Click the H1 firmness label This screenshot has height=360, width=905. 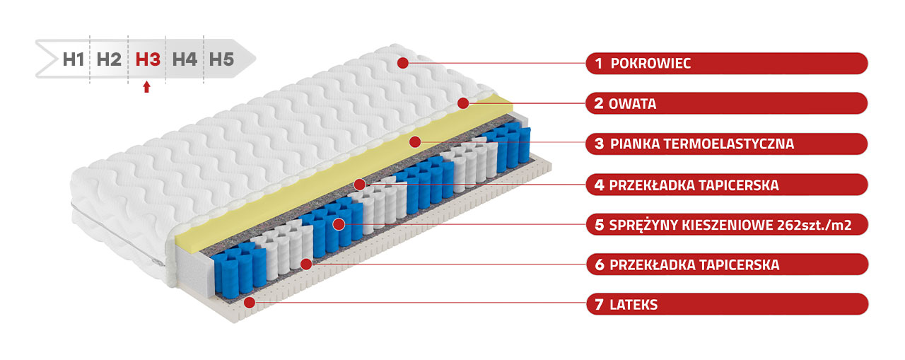(x=74, y=60)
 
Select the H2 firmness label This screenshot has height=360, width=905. (x=109, y=60)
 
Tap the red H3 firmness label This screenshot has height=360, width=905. (x=148, y=60)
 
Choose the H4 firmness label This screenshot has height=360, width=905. (x=185, y=60)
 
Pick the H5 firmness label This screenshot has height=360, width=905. (x=221, y=60)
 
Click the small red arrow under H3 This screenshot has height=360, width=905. (x=146, y=87)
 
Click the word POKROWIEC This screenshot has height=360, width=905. (x=650, y=64)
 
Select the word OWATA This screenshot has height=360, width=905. (x=632, y=104)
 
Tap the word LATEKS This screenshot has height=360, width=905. (x=633, y=305)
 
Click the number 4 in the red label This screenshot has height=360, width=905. (x=599, y=185)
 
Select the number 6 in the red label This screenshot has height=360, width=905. (x=600, y=265)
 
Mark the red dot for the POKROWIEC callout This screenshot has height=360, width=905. (x=403, y=63)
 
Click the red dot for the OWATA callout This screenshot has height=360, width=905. (x=463, y=103)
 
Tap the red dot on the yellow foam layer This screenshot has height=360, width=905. (x=415, y=142)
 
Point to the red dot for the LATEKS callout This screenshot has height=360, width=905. (x=250, y=302)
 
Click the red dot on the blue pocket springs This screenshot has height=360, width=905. (x=339, y=224)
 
